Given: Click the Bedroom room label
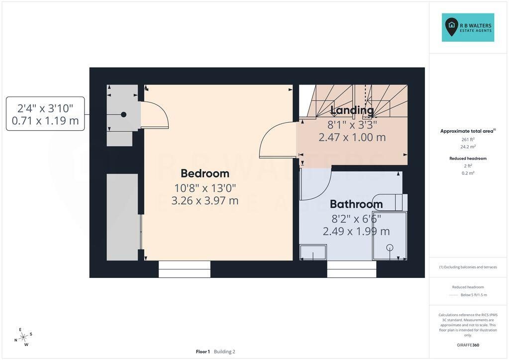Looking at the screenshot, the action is coord(205,174).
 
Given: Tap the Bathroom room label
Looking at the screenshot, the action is coord(356,204).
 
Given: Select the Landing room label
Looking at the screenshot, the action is coord(352,110).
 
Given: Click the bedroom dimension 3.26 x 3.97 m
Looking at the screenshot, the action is coord(205,200).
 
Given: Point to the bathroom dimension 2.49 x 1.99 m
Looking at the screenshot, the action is coord(356,231).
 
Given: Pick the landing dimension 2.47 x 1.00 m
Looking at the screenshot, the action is coord(352,137).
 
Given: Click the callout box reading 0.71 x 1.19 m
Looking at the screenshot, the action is coord(45,114).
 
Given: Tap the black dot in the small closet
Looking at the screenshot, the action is coord(124,114).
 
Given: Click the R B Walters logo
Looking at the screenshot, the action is coord(468,27).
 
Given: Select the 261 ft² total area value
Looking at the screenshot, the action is coord(468,139).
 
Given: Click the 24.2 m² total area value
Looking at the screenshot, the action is coord(468,147).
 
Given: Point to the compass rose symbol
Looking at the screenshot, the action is coord(23,337).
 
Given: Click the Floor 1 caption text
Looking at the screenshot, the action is coord(203,352).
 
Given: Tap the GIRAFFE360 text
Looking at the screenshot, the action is coord(468,345).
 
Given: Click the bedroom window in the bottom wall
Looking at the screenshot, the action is coord(185,269).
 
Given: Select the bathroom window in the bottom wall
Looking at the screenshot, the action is coord(352,269).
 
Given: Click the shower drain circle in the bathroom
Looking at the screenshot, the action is coord(390,248).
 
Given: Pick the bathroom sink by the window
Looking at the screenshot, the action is coord(313,252).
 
